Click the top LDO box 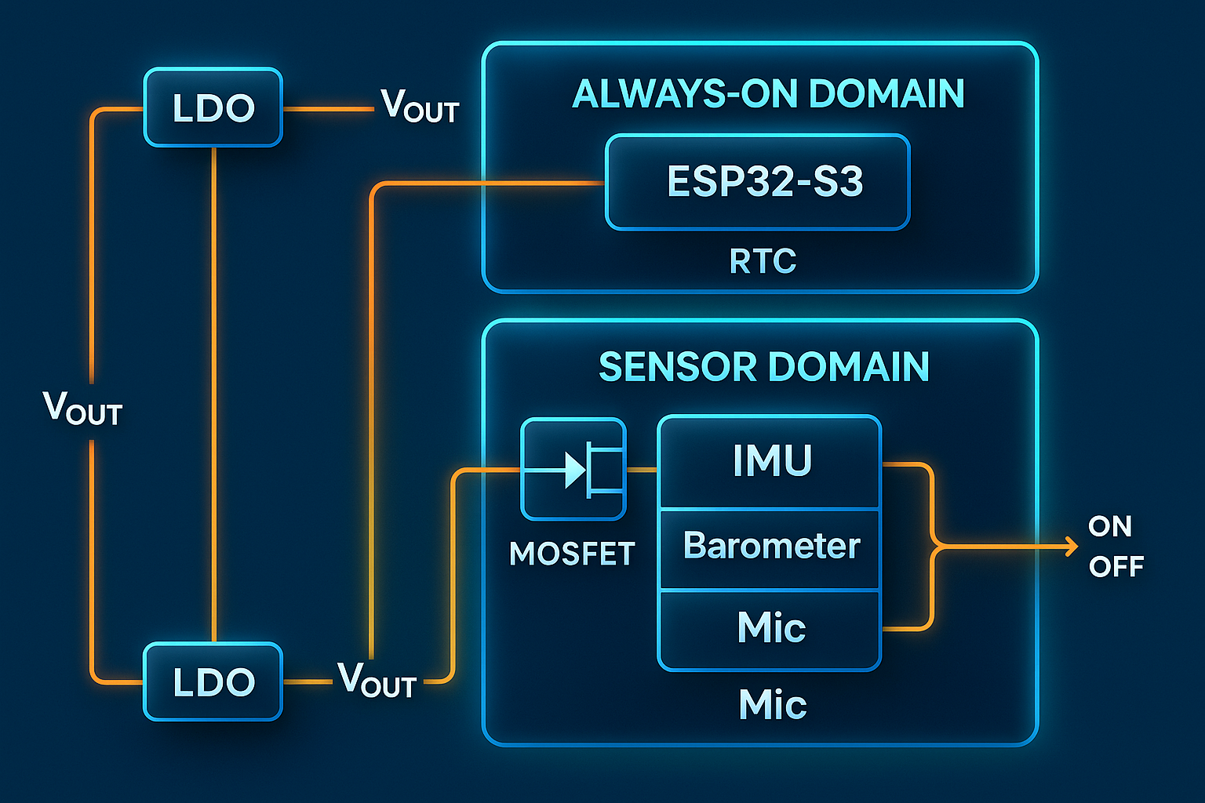coord(213,107)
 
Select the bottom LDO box coord(213,681)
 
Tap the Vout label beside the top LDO coord(420,106)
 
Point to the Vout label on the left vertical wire coord(82,409)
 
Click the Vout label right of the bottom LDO coord(377,680)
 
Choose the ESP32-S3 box coord(758,182)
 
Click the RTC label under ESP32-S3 coord(763,261)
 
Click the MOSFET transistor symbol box coord(573,469)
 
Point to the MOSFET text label coord(571,554)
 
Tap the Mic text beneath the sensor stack coord(772,705)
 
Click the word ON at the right coord(1109,526)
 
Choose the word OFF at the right coord(1116,566)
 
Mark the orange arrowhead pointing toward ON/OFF coord(1071,546)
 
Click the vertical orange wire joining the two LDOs coord(213,392)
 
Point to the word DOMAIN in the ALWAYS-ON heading coord(886,94)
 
